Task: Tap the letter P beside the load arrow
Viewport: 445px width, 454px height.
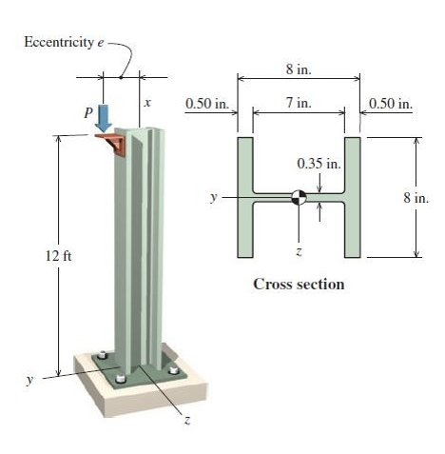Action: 90,111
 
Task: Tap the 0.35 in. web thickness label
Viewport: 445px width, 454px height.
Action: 319,164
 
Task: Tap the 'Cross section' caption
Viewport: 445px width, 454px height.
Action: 298,284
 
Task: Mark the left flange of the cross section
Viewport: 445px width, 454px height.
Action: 244,197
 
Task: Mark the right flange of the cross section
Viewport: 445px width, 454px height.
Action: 353,197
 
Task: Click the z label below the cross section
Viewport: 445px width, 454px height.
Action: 299,251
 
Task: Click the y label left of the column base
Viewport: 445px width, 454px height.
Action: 29,378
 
